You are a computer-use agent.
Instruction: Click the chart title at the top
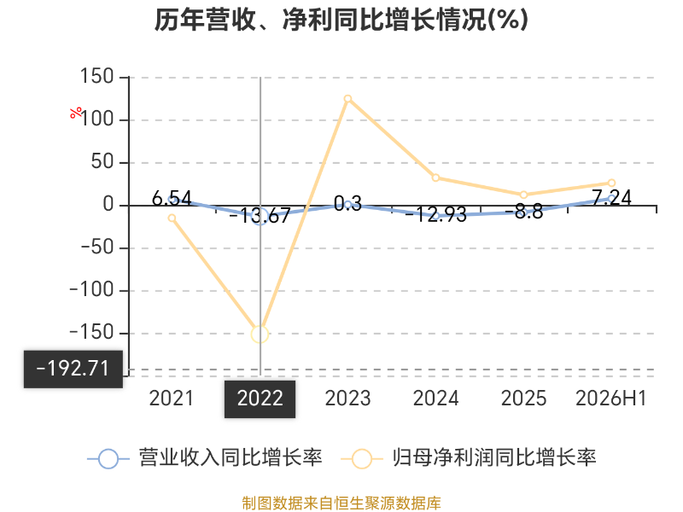pos(341,20)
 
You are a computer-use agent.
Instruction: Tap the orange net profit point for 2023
pos(347,99)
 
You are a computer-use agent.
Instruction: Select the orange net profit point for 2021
pos(172,218)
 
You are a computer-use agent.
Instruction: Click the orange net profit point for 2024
pos(435,177)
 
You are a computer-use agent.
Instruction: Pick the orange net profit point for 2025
pos(523,195)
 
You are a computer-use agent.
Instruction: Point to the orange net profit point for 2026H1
pos(611,183)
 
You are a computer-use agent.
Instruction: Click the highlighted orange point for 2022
pos(260,335)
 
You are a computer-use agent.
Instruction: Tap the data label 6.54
pos(172,199)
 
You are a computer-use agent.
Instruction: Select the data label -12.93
pos(436,215)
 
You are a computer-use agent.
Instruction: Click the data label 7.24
pos(612,198)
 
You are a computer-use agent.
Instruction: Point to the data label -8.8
pos(524,212)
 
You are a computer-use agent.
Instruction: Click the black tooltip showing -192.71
pos(73,369)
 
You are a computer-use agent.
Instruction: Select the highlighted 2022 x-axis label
pos(260,399)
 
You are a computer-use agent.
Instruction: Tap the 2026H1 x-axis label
pos(611,399)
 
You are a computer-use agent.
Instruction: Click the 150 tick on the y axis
pos(96,77)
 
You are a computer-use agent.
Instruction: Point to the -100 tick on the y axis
pos(91,290)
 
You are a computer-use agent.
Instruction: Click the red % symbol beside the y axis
pos(76,113)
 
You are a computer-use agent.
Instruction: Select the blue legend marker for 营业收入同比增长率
pos(108,459)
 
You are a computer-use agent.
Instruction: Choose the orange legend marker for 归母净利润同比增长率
pos(361,459)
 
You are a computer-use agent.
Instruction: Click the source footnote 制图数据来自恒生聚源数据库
pos(341,503)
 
